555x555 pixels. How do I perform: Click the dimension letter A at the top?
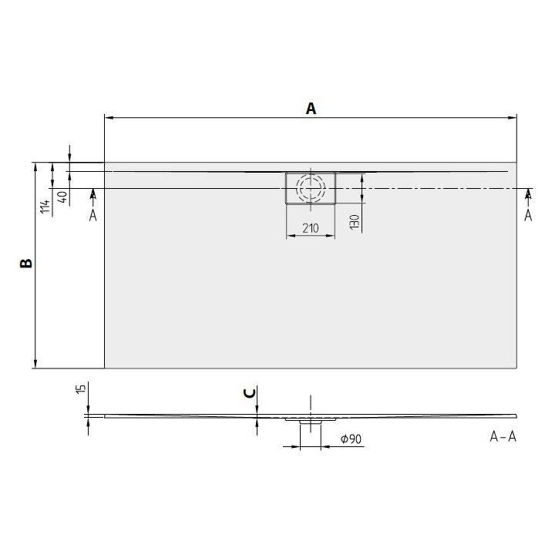coord(311,109)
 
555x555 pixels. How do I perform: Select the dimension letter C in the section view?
coord(249,393)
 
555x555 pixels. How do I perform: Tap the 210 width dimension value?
coord(311,228)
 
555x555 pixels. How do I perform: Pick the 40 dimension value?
coord(62,197)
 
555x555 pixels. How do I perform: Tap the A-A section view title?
coord(503,437)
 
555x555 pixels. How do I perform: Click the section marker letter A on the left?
coord(92,215)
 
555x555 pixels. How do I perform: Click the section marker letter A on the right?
coord(528,215)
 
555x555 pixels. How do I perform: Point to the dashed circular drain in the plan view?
coord(311,188)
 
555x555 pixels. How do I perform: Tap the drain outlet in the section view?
coord(311,422)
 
